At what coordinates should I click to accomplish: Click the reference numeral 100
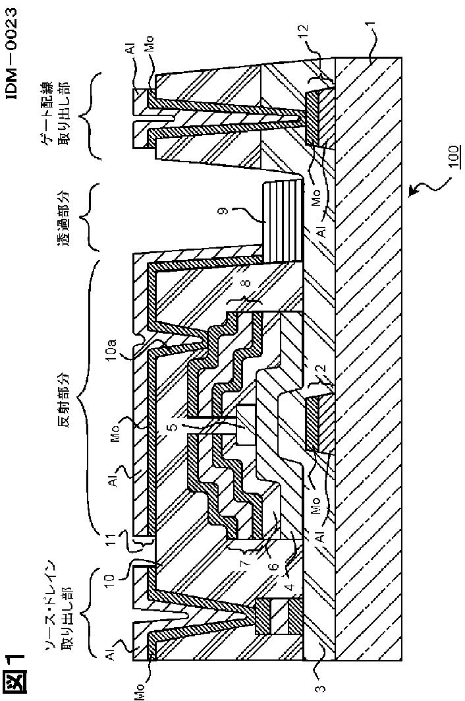coord(453,157)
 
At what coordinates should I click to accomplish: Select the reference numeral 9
coord(225,210)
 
